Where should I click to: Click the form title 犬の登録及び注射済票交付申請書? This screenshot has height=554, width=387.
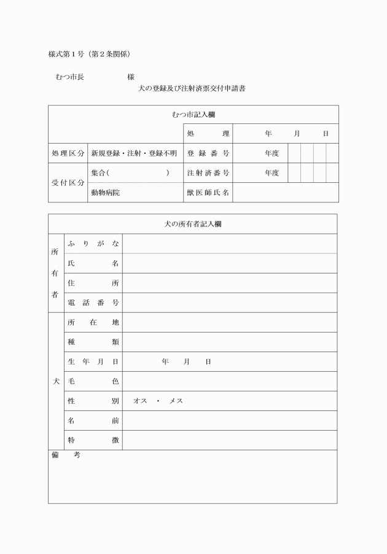[x=193, y=88]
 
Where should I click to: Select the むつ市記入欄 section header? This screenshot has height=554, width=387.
[x=193, y=115]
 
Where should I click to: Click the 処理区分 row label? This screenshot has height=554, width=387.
[x=68, y=153]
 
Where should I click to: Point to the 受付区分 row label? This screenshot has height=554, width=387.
[x=68, y=183]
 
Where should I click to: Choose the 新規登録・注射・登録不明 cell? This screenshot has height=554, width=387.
[x=134, y=153]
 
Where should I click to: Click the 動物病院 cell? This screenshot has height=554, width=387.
[x=105, y=193]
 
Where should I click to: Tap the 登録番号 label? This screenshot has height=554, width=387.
[x=208, y=153]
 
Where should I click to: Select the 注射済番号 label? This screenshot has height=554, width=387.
[x=208, y=173]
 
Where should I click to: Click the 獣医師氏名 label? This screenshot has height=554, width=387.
[x=208, y=193]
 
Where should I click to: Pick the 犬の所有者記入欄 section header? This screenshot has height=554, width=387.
[x=193, y=224]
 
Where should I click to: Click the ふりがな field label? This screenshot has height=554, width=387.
[x=93, y=244]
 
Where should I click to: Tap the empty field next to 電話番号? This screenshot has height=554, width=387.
[x=230, y=302]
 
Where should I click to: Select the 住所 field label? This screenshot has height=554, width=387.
[x=93, y=283]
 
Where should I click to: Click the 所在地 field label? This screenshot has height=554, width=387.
[x=93, y=322]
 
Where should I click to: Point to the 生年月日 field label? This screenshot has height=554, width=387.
[x=93, y=361]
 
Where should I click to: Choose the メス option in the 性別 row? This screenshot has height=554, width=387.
[x=176, y=401]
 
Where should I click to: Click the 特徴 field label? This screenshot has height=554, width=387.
[x=93, y=440]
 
